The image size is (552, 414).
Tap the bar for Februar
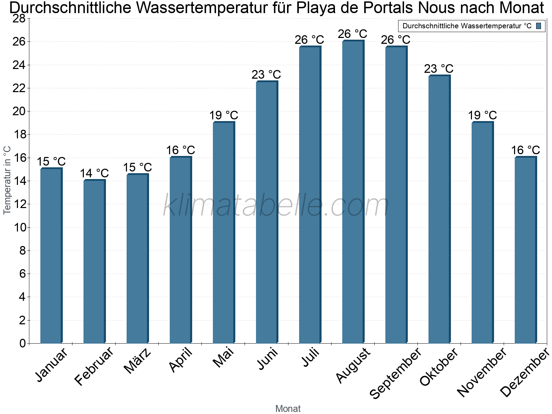(x=94, y=262)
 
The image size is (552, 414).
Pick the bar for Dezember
(x=525, y=250)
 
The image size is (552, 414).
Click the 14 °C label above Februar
(x=94, y=173)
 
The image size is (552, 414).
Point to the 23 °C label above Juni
(x=266, y=75)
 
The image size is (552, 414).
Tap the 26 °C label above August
(x=352, y=34)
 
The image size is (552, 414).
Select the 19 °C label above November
(x=482, y=115)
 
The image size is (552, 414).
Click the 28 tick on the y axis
(x=19, y=18)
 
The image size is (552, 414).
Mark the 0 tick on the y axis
(x=22, y=343)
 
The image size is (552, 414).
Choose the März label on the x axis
(x=137, y=361)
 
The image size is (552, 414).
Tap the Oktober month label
(x=438, y=367)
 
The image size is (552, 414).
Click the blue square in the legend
(x=539, y=26)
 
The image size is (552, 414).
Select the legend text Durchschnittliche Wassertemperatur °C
(x=467, y=26)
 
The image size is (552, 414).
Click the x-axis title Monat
(x=288, y=409)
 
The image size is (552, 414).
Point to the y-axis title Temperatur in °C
(x=7, y=180)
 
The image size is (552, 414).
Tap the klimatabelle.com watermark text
(x=276, y=206)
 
